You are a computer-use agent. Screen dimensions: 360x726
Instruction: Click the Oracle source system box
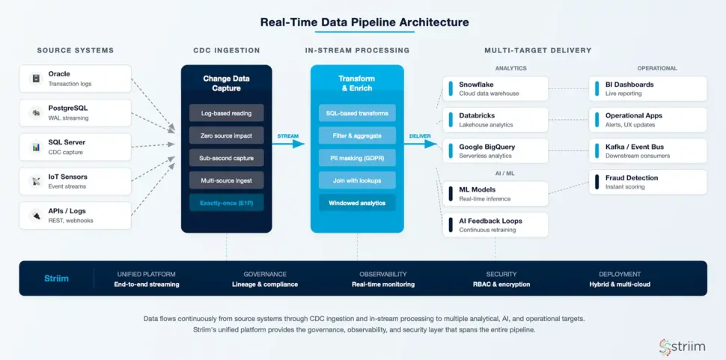coord(76,79)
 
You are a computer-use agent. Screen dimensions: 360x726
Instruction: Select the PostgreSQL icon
coord(35,113)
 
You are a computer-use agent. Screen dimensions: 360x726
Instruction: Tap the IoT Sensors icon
coord(35,181)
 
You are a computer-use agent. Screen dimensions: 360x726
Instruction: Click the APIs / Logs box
coord(76,216)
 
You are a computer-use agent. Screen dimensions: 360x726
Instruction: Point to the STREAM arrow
coord(288,144)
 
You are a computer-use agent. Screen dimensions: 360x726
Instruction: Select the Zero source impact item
coord(226,135)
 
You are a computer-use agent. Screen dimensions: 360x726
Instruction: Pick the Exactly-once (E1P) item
coord(226,203)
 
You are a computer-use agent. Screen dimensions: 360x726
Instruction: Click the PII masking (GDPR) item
coord(357,158)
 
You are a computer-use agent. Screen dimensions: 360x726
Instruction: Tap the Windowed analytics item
coord(357,203)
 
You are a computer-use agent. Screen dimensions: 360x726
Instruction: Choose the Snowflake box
coord(495,88)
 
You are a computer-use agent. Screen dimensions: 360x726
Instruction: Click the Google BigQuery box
coord(495,150)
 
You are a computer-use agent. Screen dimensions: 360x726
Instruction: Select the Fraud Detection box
coord(648,182)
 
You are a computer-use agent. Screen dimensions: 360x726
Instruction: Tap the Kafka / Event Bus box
coord(648,150)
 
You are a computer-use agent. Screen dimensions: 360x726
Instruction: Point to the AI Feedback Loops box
coord(495,225)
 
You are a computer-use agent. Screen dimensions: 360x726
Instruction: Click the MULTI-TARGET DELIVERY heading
coord(537,51)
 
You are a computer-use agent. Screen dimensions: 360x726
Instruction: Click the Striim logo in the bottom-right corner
coord(682,346)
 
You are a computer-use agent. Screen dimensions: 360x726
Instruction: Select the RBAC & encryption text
coord(501,284)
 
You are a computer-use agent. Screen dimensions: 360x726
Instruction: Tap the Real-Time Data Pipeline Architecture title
coord(364,22)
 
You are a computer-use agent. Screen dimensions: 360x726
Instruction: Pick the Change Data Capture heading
coord(226,83)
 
